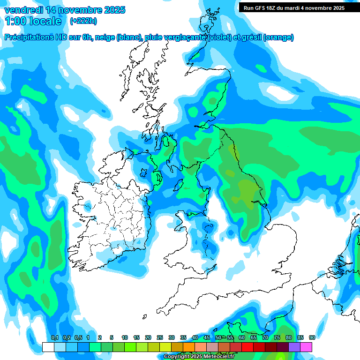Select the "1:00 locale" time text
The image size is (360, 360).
(x=33, y=21)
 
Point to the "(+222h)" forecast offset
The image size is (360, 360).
(x=83, y=21)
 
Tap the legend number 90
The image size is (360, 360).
(x=312, y=337)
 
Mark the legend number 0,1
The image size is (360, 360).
(x=55, y=337)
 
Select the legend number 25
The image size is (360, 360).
(x=160, y=337)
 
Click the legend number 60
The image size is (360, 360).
(x=242, y=337)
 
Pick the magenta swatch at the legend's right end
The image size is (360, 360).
(x=306, y=347)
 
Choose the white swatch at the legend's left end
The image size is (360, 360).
(x=48, y=347)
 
